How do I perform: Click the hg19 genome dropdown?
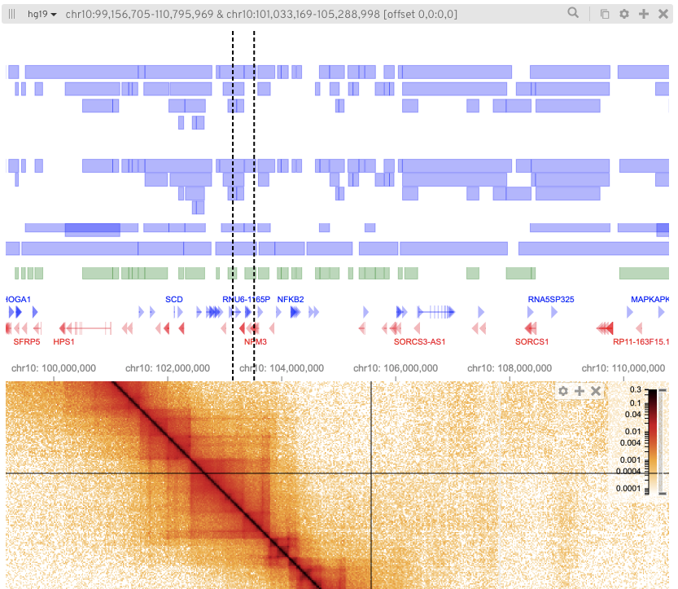click(42, 14)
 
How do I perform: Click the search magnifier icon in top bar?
click(574, 14)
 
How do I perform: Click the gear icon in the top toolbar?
click(624, 14)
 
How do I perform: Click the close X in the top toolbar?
click(662, 14)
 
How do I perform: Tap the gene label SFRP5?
click(27, 342)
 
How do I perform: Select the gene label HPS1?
click(63, 342)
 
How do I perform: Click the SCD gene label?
click(174, 299)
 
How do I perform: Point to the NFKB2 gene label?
click(291, 299)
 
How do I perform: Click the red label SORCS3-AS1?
click(420, 342)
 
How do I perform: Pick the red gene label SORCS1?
click(532, 342)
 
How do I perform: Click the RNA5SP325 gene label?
click(551, 299)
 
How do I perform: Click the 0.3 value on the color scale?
click(635, 390)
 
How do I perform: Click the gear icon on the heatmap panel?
click(563, 392)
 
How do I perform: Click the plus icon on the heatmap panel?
click(580, 392)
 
